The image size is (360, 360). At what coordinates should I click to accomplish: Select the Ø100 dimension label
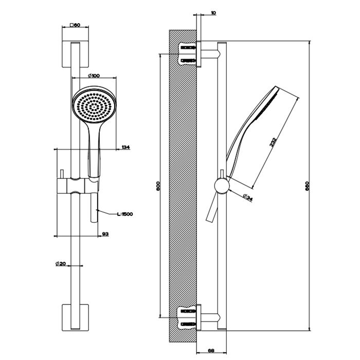tap(94, 76)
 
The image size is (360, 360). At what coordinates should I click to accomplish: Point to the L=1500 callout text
tap(125, 213)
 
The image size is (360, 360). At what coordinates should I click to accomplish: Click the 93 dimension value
tap(105, 234)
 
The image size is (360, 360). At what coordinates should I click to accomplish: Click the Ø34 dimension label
tap(246, 197)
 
